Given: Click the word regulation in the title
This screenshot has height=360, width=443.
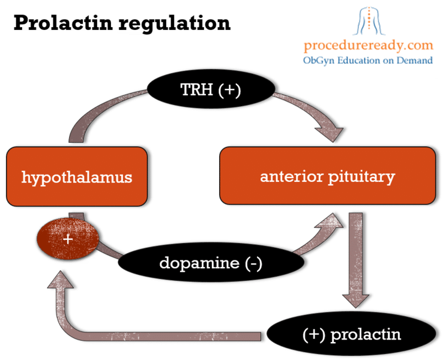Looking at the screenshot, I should click(174, 24).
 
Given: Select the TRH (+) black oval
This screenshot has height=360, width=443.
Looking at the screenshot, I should click(209, 89).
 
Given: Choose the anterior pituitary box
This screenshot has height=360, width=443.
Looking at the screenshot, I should click(327, 177).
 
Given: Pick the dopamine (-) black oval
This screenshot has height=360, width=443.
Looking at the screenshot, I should click(210, 263).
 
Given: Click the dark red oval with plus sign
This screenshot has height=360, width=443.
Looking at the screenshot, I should click(68, 238).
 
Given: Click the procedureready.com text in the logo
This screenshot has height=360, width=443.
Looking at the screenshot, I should click(368, 45).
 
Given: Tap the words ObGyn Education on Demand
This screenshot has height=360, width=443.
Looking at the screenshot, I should click(368, 60).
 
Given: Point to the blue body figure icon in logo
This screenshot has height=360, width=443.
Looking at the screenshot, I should click(367, 20).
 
